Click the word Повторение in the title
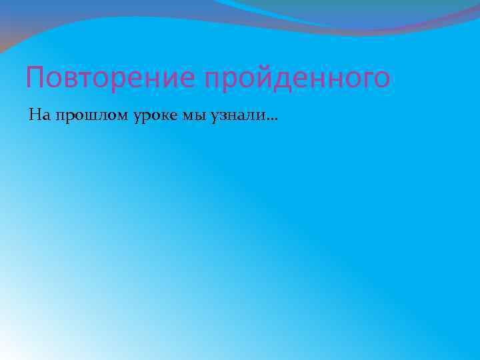[111, 78]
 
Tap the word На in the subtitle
[39, 116]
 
